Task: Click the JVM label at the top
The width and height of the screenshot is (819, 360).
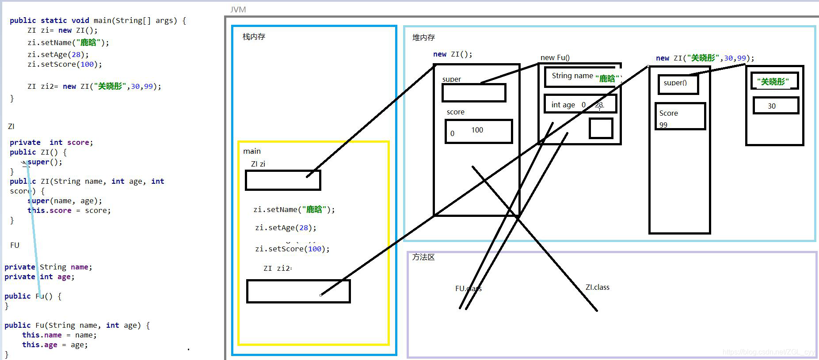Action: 238,9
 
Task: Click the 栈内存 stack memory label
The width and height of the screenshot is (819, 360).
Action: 254,37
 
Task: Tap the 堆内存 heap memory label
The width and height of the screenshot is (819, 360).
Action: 423,38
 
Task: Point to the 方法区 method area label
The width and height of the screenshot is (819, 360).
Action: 423,257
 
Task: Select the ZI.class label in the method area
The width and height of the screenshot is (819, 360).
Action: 598,287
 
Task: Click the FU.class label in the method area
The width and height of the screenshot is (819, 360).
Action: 468,288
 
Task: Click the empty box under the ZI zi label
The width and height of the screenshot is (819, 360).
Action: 283,180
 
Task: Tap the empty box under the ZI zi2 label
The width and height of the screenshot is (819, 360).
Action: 298,291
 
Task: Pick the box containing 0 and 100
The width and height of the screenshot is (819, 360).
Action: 479,131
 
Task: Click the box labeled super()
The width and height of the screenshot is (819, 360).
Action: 678,84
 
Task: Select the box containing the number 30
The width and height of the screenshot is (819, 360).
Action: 776,106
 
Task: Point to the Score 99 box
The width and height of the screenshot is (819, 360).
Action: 679,116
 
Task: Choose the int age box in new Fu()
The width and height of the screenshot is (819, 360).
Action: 579,104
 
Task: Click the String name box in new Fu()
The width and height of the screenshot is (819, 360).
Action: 583,77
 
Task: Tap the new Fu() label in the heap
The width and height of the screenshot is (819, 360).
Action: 555,57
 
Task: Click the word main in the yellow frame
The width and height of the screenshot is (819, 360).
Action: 252,151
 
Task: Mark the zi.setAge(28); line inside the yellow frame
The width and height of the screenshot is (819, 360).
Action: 286,228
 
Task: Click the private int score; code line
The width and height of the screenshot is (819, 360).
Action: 51,142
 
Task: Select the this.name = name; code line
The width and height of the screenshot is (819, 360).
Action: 59,335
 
